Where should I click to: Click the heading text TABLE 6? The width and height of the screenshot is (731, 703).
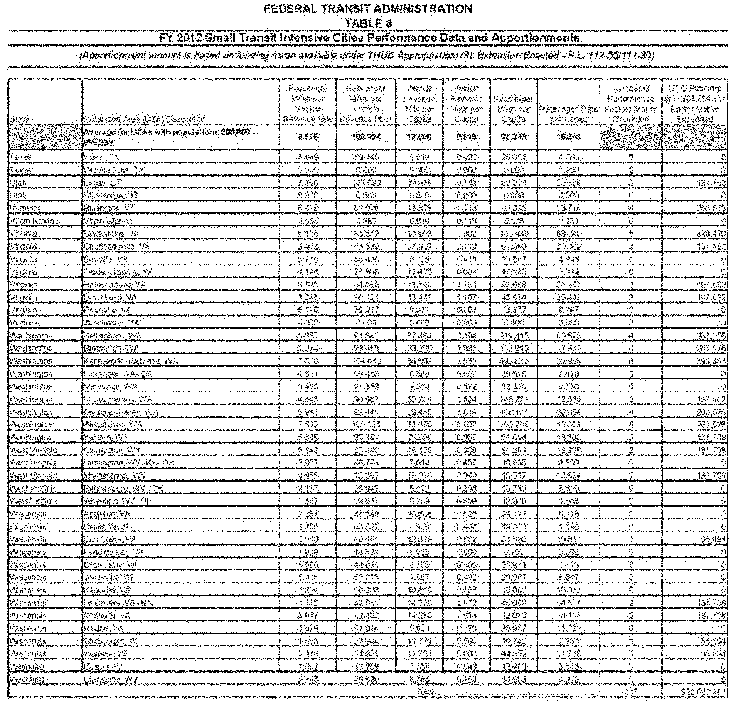368,23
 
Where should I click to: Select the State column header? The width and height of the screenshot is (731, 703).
20,119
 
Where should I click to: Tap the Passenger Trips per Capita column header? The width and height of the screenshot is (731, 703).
568,114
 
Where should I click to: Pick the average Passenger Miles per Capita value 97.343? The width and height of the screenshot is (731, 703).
514,137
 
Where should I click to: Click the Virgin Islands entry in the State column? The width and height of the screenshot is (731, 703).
34,221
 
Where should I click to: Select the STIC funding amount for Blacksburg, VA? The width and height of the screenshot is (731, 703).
711,234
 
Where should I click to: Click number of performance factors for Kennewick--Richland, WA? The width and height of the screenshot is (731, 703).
631,362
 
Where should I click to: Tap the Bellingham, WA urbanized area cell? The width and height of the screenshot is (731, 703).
112,336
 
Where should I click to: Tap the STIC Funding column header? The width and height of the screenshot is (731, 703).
695,104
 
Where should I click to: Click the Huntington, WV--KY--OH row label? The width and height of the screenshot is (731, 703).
128,463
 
